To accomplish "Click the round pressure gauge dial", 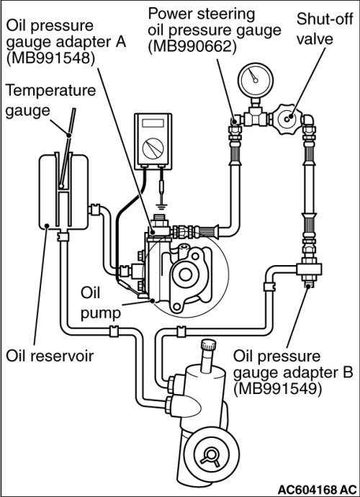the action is point(255,80).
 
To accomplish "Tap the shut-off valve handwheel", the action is point(288,119).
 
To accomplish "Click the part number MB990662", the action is point(192,47).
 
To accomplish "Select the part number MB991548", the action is point(50,59).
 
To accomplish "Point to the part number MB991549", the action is point(278,389).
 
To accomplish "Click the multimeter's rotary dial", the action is point(153,148).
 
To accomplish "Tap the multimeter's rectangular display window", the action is point(153,123).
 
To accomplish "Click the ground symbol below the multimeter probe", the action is point(162,207).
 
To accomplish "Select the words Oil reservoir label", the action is point(50,356).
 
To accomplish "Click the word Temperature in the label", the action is point(50,90).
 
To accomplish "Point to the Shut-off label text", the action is point(325,19).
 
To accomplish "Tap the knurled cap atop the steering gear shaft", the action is point(209,344).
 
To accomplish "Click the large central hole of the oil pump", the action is point(185,274).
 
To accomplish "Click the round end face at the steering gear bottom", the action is point(212,457).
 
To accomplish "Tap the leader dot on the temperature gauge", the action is point(69,135).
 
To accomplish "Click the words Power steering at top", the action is point(202,14).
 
